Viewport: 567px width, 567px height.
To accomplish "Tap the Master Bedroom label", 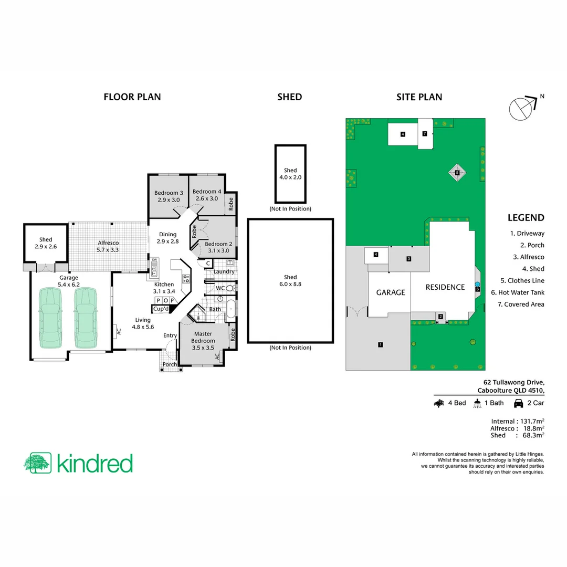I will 204,337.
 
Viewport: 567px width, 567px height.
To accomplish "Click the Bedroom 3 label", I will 168,195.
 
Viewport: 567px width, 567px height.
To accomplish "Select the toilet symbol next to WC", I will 230,288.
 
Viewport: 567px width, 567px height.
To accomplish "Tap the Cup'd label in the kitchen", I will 161,309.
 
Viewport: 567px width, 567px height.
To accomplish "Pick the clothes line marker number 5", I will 457,172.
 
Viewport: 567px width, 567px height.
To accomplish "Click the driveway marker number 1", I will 380,345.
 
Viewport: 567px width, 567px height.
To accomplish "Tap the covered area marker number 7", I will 424,133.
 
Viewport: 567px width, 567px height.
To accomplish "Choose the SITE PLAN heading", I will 419,97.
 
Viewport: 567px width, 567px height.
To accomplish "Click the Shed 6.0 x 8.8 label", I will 290,280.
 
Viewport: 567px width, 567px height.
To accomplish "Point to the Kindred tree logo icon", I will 37,463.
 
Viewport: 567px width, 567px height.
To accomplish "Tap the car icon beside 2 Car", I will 518,403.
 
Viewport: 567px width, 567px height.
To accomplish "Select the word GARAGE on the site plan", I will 390,292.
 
